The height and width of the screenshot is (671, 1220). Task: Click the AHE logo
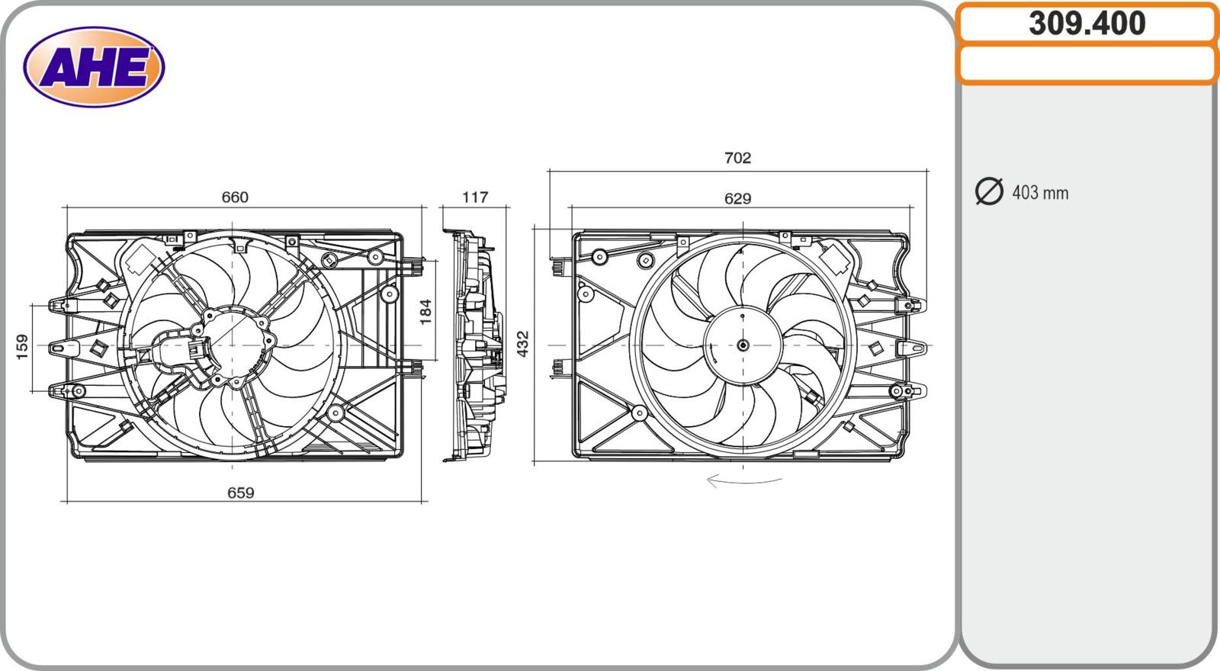[x=94, y=67]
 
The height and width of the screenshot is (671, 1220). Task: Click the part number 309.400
[x=1087, y=24]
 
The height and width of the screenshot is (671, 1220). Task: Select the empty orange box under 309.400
[x=1087, y=64]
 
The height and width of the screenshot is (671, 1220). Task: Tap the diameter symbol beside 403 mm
[x=989, y=191]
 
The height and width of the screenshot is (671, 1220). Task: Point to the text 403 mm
[x=1040, y=193]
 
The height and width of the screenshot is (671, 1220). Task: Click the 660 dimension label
[x=235, y=197]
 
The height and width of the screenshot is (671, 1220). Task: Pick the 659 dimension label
[x=240, y=493]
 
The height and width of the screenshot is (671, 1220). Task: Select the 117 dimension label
[x=474, y=197]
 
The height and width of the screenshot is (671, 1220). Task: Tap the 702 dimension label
[x=737, y=158]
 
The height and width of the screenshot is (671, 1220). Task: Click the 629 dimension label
[x=737, y=199]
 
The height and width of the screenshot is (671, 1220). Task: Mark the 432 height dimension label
[x=523, y=344]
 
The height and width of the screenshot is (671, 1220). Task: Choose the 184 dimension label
[x=425, y=311]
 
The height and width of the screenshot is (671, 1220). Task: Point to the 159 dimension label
[x=22, y=346]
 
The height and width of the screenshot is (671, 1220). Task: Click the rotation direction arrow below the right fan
[x=743, y=481]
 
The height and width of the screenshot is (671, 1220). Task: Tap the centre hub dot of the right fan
[x=743, y=345]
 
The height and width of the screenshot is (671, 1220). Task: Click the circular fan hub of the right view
[x=743, y=345]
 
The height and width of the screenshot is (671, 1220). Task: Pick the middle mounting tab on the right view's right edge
[x=913, y=348]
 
